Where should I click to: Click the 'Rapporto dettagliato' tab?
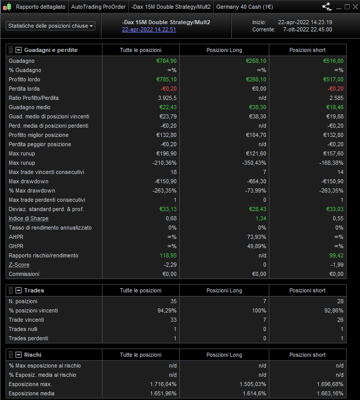[x=40, y=7]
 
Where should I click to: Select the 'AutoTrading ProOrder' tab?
[x=98, y=7]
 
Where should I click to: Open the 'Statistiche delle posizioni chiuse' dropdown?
[x=50, y=26]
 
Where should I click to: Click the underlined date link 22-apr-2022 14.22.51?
[x=149, y=30]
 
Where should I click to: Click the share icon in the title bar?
[x=327, y=7]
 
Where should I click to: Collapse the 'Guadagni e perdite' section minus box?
[x=19, y=50]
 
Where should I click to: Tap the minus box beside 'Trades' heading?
[x=19, y=290]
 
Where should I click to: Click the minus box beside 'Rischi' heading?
[x=19, y=355]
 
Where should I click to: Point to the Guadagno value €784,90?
[x=167, y=61]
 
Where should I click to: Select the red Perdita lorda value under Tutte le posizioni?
[x=168, y=89]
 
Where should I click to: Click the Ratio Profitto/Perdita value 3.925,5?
[x=167, y=98]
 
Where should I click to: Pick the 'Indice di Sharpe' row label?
[x=28, y=218]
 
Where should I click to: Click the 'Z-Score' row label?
[x=20, y=265]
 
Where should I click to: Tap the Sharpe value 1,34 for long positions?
[x=260, y=218]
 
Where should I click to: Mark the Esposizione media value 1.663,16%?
[x=329, y=393]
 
